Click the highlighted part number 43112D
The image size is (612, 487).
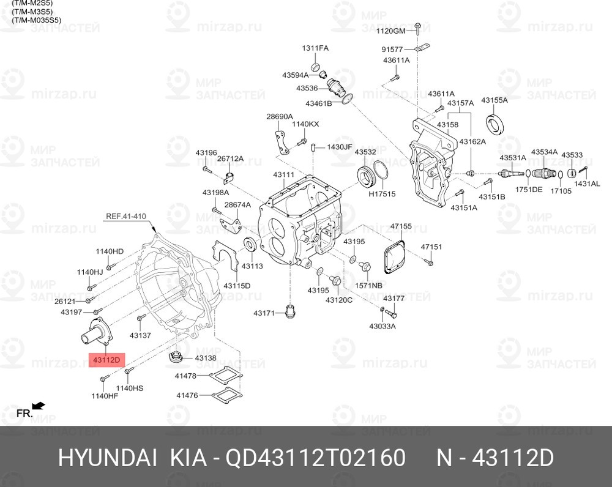click(x=108, y=360)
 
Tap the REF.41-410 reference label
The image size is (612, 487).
click(x=126, y=216)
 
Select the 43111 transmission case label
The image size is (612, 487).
click(x=284, y=175)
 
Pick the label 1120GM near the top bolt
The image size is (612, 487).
click(x=390, y=31)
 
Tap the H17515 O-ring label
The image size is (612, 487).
click(x=382, y=194)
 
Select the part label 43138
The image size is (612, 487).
click(x=205, y=358)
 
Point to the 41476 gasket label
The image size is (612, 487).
click(x=187, y=395)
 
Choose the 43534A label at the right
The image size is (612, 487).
click(x=543, y=152)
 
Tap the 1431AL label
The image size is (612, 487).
click(x=587, y=184)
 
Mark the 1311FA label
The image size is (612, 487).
click(x=315, y=48)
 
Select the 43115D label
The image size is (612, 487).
click(x=237, y=285)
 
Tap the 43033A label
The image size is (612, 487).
click(x=382, y=326)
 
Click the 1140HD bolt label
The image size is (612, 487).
click(x=110, y=251)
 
